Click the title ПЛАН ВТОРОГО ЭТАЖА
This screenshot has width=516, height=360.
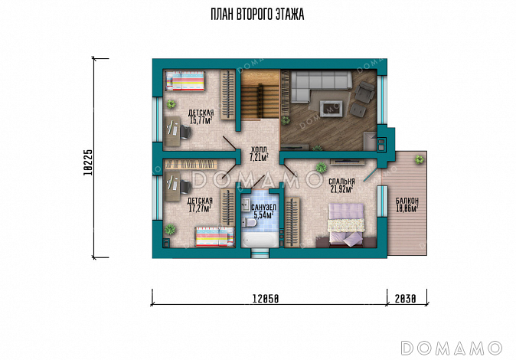click(257, 14)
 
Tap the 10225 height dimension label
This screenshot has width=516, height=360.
click(89, 162)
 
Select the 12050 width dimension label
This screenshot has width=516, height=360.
click(266, 299)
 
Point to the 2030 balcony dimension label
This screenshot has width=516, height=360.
click(406, 299)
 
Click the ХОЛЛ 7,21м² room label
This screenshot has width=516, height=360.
click(259, 153)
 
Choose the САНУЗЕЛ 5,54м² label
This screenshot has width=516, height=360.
click(263, 211)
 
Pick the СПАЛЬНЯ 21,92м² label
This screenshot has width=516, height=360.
click(341, 185)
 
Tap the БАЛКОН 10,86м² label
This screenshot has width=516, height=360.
click(407, 205)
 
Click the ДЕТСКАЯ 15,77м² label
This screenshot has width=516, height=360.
click(201, 116)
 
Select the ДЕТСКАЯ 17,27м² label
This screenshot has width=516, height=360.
click(200, 205)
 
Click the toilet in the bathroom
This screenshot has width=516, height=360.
click(249, 223)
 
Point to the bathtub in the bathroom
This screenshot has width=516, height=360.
click(260, 240)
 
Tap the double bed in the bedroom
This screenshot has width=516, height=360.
click(346, 224)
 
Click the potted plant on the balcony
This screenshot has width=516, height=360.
click(419, 160)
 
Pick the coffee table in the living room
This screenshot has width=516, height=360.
click(331, 109)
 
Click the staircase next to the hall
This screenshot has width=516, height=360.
click(260, 94)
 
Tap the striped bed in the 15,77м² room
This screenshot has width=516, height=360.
click(185, 81)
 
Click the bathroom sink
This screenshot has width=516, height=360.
click(247, 205)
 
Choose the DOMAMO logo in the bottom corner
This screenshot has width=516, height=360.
click(452, 349)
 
